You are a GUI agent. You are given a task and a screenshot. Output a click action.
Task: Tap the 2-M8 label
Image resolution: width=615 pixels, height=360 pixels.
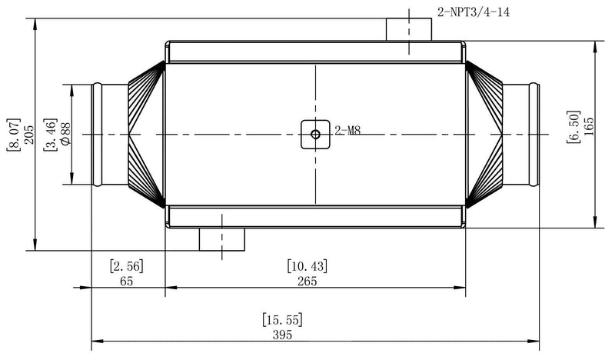click(x=347, y=131)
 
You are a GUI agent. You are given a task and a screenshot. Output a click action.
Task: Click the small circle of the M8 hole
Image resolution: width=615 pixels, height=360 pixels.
click(x=315, y=134)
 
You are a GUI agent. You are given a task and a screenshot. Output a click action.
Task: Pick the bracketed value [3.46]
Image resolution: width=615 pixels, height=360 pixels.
click(x=50, y=133)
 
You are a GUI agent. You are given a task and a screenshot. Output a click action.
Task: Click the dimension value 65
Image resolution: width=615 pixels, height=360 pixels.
click(x=127, y=281)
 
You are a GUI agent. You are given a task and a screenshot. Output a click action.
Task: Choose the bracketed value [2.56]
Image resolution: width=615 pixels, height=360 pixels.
click(x=127, y=266)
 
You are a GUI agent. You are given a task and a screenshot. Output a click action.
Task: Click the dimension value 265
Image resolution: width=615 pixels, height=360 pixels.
click(x=307, y=281)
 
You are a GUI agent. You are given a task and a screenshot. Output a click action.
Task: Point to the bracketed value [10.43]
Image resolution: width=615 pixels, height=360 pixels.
click(x=307, y=266)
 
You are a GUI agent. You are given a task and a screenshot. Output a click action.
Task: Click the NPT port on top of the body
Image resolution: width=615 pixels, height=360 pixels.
click(x=409, y=28)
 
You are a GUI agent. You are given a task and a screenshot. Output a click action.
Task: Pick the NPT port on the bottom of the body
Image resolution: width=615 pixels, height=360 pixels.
click(x=222, y=238)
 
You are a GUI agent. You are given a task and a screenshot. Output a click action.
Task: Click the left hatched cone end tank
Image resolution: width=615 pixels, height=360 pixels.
click(x=144, y=135)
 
